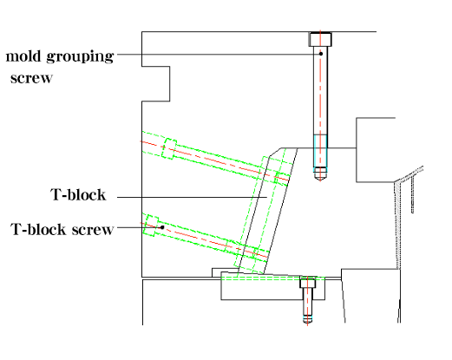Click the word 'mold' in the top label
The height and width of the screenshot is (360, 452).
point(23,56)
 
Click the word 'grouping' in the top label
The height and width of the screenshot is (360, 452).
point(80,57)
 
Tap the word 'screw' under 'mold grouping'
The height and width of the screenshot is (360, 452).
point(31,78)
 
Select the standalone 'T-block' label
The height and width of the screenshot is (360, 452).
point(78,194)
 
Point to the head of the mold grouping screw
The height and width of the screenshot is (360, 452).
point(320,39)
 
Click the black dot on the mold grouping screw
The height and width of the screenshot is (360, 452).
point(321,54)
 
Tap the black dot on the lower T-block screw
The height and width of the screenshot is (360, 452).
point(162,227)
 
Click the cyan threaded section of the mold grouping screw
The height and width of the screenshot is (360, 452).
point(320,151)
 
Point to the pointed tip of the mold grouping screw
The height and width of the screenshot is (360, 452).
point(320,180)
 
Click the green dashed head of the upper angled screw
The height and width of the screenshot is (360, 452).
point(169,148)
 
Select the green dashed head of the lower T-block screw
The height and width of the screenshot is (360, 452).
point(151,226)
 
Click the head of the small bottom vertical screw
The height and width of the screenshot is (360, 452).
point(308,282)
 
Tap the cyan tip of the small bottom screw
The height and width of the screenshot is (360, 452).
point(307,319)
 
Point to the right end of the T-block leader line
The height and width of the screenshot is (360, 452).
point(266,198)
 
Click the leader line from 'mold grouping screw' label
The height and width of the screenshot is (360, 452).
point(218,54)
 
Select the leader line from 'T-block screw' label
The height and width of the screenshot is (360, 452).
point(139,227)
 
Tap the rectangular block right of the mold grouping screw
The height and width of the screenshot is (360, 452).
point(376,150)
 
